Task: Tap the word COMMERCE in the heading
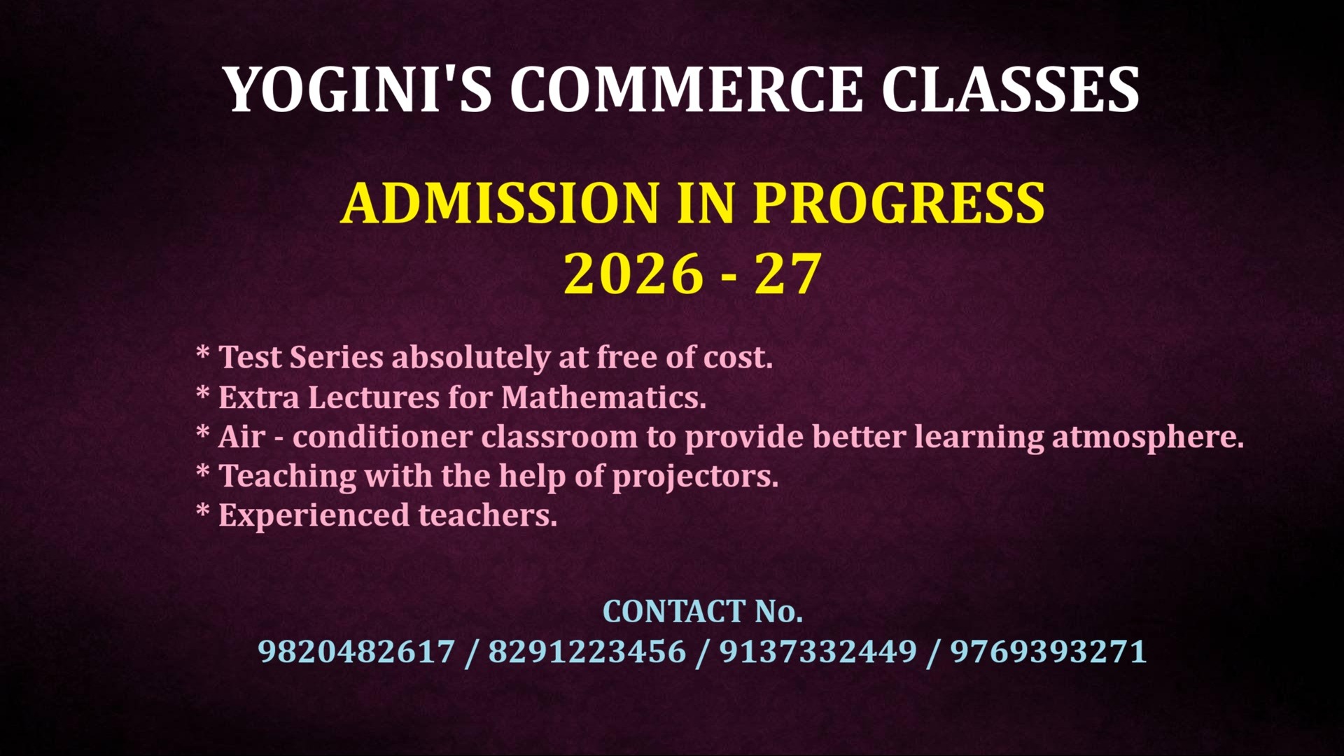coord(687,89)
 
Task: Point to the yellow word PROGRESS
coord(899,202)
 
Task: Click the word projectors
coord(696,477)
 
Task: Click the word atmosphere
coord(1148,437)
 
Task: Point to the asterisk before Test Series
coord(203,351)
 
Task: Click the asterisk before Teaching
coord(203,470)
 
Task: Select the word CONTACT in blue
coord(674,612)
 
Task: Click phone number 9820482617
coord(356,652)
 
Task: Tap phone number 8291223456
coord(587,652)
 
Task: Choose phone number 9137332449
coord(818,652)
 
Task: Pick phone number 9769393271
coord(1049,652)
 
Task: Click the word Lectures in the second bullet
coord(374,398)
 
